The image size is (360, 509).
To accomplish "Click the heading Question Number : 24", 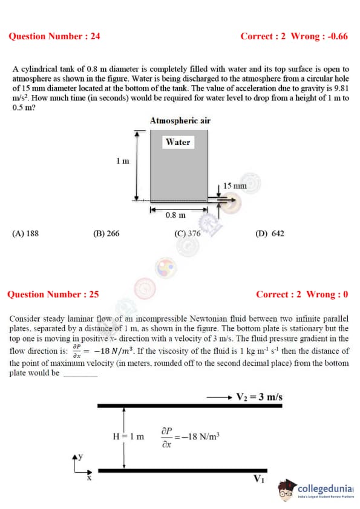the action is [54, 36].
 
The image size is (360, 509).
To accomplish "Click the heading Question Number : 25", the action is [53, 294].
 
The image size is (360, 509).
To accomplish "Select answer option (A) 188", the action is [25, 233].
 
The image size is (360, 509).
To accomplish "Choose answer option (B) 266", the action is [106, 233].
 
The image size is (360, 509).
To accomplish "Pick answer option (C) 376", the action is [188, 233].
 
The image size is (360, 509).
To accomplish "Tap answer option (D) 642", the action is [270, 233].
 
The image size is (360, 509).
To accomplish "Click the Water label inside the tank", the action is [178, 142].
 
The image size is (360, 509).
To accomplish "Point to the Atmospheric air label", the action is [180, 120].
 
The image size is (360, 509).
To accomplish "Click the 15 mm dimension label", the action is [235, 186].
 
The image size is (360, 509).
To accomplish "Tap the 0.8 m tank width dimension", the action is [175, 215].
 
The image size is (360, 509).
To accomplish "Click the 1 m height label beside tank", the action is [123, 161].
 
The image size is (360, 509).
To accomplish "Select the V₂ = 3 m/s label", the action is [260, 397].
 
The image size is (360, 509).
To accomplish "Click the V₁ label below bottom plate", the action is [259, 479].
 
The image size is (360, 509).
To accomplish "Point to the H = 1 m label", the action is [128, 436].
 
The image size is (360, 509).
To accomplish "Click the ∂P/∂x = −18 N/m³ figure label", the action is [191, 437].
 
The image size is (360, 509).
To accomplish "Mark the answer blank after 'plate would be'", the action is [80, 376].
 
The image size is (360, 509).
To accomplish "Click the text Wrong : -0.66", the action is [319, 36].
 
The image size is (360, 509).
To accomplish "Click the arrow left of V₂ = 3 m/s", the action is [219, 397].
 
